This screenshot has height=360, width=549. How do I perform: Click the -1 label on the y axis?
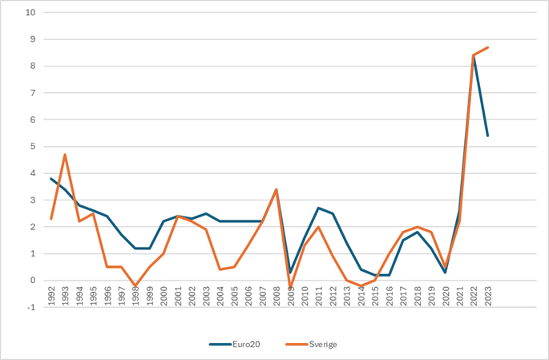pyautogui.click(x=30, y=307)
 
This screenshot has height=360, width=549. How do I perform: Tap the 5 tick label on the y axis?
pyautogui.click(x=31, y=147)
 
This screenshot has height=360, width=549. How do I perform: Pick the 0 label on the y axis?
pyautogui.click(x=31, y=281)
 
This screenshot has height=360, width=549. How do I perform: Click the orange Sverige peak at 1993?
pyautogui.click(x=65, y=155)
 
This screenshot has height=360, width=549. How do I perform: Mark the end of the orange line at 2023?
pyautogui.click(x=488, y=47)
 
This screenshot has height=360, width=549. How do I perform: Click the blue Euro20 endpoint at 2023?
pyautogui.click(x=488, y=136)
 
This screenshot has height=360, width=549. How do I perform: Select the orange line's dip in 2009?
pyautogui.click(x=290, y=287)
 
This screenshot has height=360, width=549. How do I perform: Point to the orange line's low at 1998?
pyautogui.click(x=135, y=285)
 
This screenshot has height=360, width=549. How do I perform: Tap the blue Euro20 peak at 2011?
pyautogui.click(x=318, y=208)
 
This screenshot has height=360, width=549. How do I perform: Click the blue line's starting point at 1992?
pyautogui.click(x=51, y=179)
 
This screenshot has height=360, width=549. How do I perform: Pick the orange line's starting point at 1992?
pyautogui.click(x=51, y=219)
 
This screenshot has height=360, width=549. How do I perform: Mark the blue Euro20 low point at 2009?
pyautogui.click(x=290, y=273)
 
